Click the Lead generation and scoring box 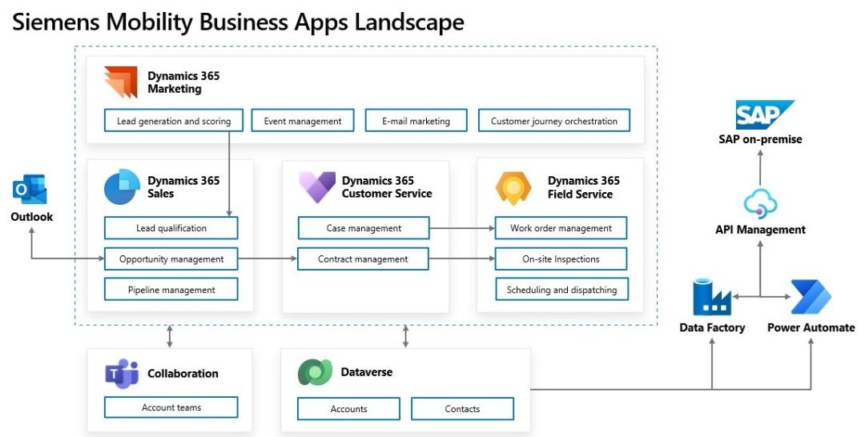click(173, 121)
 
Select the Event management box click(302, 121)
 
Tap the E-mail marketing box click(415, 121)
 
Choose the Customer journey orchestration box click(553, 121)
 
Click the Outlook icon click(30, 190)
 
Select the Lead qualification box click(171, 228)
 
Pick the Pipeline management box click(171, 290)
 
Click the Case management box click(363, 228)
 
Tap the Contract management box click(363, 259)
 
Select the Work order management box click(561, 228)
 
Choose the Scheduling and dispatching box click(561, 290)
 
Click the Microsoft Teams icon click(122, 374)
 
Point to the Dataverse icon click(315, 373)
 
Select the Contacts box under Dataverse click(462, 409)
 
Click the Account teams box click(171, 407)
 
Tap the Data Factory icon click(711, 297)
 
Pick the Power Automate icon click(811, 297)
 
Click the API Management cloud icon click(759, 204)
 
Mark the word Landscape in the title click(398, 22)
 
